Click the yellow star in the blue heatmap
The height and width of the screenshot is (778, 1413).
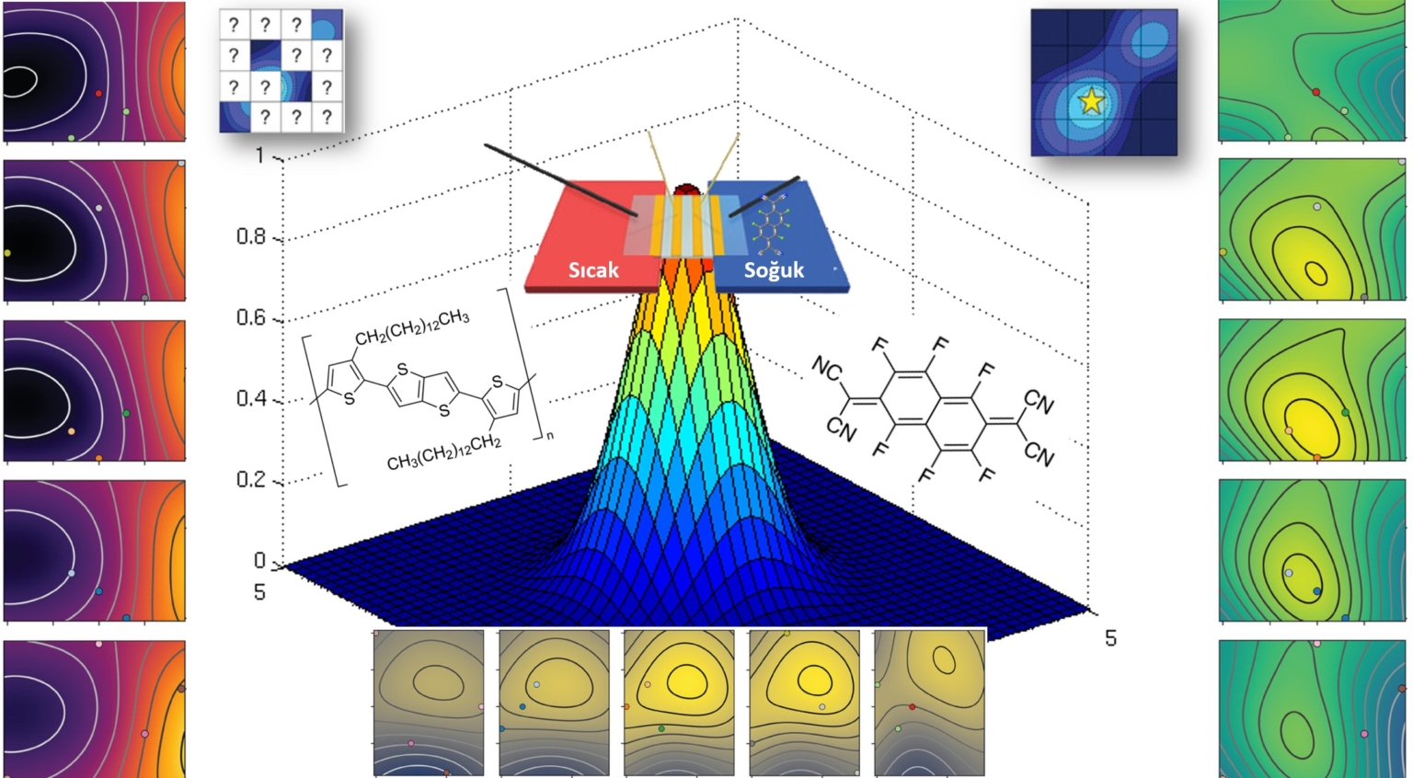(1091, 101)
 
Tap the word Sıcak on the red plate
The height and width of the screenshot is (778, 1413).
(593, 269)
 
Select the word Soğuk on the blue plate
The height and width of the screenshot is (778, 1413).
(774, 269)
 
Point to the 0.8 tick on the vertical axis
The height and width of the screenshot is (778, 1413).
(251, 236)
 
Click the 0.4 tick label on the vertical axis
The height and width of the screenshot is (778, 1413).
(251, 398)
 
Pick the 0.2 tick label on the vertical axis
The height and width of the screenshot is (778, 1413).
(251, 479)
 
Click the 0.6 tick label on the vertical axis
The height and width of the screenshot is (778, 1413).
(251, 317)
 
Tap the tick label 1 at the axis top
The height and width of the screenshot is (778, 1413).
(259, 155)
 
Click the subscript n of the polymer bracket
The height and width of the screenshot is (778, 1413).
(550, 435)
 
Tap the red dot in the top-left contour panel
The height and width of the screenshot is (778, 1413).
(98, 93)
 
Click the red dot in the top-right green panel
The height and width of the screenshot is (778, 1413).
(1315, 92)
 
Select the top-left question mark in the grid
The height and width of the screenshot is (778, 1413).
(235, 25)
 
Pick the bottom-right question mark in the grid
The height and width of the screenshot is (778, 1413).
(327, 117)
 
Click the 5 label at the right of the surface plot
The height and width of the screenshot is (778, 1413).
(1110, 638)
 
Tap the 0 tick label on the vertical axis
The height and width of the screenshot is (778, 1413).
(259, 560)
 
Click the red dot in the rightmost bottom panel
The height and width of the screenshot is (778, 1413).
(912, 706)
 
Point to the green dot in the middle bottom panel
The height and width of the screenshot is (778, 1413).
(661, 728)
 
